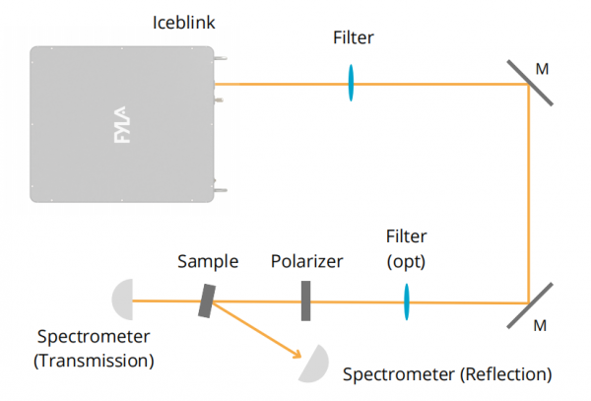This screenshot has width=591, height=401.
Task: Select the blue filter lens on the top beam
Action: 351,84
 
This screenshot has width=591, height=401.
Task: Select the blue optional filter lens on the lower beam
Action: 405,301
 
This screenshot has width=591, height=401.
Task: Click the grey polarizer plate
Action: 306,301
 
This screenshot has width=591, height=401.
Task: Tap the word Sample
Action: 208,262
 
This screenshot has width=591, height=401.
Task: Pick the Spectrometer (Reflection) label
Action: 447,374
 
